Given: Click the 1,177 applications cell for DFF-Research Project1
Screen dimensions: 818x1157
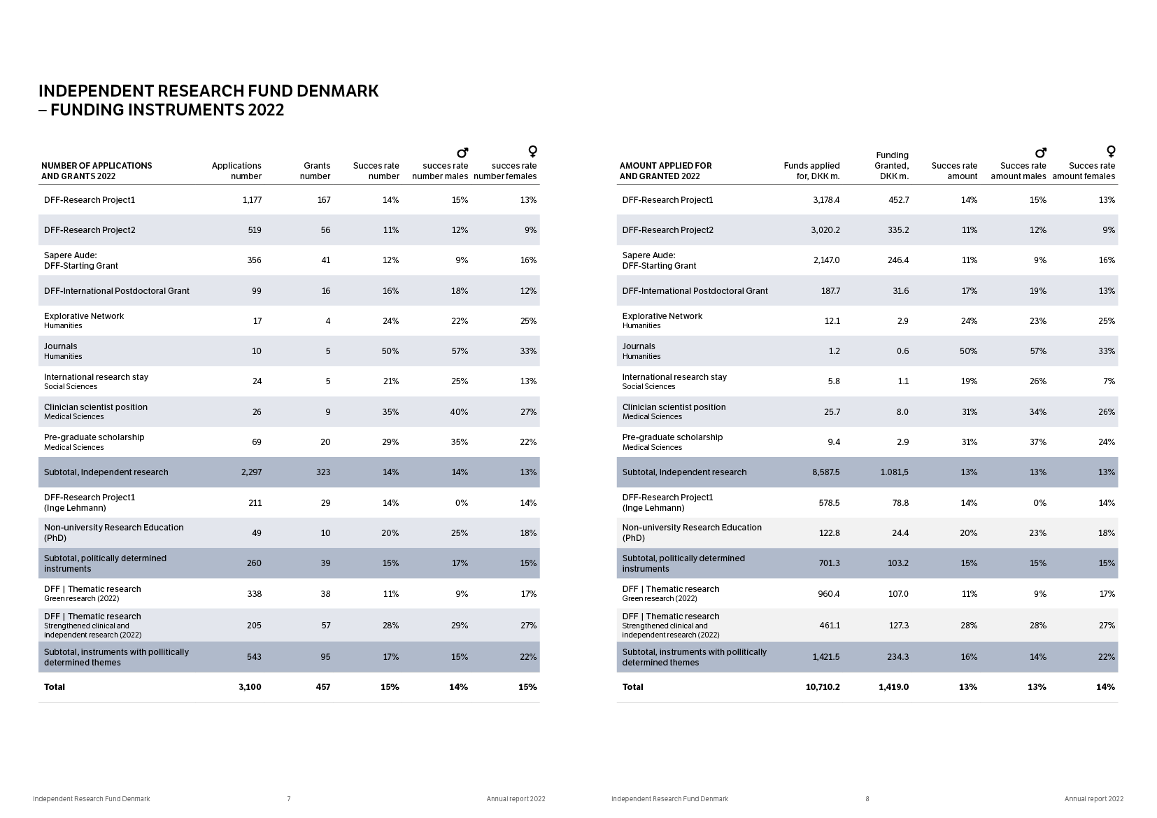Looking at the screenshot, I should coord(252,200).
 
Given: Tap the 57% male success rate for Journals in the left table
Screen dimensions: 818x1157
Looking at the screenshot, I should coord(459,351).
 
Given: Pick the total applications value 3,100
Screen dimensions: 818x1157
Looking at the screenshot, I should coord(250,687).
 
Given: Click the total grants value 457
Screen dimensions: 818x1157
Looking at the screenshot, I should coord(322,687).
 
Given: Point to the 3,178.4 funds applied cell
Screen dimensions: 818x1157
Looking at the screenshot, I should coord(826,200).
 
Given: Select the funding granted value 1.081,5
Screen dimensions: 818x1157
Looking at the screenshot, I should coord(894,472).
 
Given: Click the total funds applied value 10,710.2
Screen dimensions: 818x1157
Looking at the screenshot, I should coord(823,687).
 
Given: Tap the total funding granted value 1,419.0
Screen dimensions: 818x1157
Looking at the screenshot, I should coord(893,687).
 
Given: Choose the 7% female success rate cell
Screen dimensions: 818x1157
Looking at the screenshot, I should coord(1109,381).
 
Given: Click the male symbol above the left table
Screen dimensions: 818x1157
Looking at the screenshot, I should coord(462,152).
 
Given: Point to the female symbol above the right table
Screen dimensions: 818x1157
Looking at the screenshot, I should coord(1111,151).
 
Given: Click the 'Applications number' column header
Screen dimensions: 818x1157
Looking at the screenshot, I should coord(236,171).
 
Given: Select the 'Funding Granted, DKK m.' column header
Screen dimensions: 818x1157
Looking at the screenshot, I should coord(892,165).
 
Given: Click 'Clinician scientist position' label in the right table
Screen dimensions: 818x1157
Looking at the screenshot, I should coord(665,407).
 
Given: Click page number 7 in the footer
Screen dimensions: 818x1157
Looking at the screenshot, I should coord(289,799).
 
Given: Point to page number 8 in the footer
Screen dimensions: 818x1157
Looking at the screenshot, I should coord(867,799).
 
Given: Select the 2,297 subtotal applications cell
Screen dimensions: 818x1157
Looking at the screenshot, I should coord(251,472).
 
